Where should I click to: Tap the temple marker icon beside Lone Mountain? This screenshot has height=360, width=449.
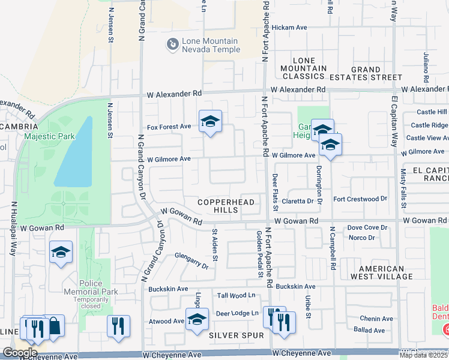click(172, 44)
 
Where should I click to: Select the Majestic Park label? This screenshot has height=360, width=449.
click(50, 136)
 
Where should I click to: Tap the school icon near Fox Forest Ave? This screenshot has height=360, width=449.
click(210, 122)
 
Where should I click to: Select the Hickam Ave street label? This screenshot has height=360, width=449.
click(289, 28)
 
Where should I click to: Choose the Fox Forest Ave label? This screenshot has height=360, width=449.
click(169, 127)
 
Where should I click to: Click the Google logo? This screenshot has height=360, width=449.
click(20, 353)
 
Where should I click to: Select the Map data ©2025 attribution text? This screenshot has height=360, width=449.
click(424, 355)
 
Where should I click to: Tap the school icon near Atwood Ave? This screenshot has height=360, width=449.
click(196, 320)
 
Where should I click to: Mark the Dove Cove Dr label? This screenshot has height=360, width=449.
click(367, 227)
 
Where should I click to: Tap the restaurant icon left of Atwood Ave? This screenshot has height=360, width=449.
click(118, 326)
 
